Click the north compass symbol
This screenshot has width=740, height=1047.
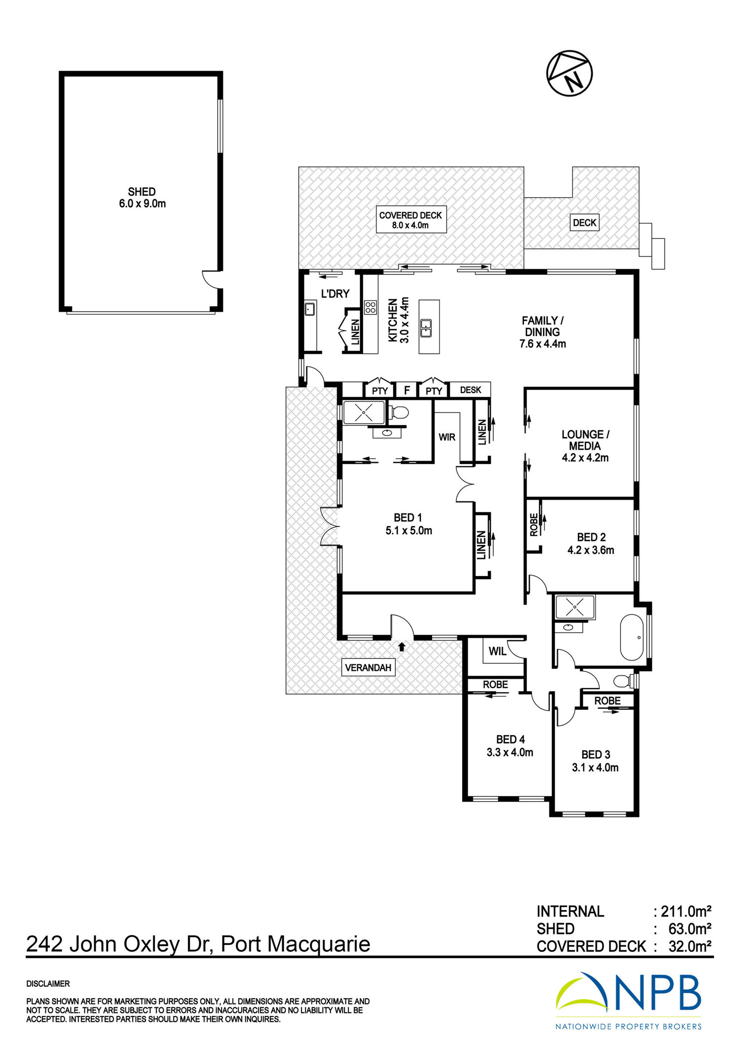click(x=569, y=73)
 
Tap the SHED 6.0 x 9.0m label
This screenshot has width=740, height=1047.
click(x=142, y=197)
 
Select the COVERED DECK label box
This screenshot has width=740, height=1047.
click(x=411, y=220)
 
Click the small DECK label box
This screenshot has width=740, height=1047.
click(x=585, y=223)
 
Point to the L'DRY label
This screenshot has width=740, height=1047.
click(x=335, y=294)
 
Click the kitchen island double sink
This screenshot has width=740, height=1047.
click(x=426, y=328)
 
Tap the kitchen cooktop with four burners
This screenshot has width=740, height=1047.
click(x=370, y=308)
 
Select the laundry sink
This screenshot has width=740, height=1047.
click(x=310, y=309)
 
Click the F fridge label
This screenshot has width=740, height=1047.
click(x=407, y=390)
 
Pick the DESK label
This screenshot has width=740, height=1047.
click(x=470, y=390)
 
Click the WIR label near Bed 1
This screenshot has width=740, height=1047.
click(x=447, y=437)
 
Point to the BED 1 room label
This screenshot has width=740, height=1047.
click(x=408, y=524)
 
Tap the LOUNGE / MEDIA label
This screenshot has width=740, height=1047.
click(x=585, y=446)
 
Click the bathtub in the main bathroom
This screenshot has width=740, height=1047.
click(x=632, y=637)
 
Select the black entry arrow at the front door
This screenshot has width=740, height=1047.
click(x=402, y=646)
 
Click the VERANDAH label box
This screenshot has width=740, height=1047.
click(x=368, y=668)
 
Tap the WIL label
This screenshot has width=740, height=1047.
click(x=497, y=651)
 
